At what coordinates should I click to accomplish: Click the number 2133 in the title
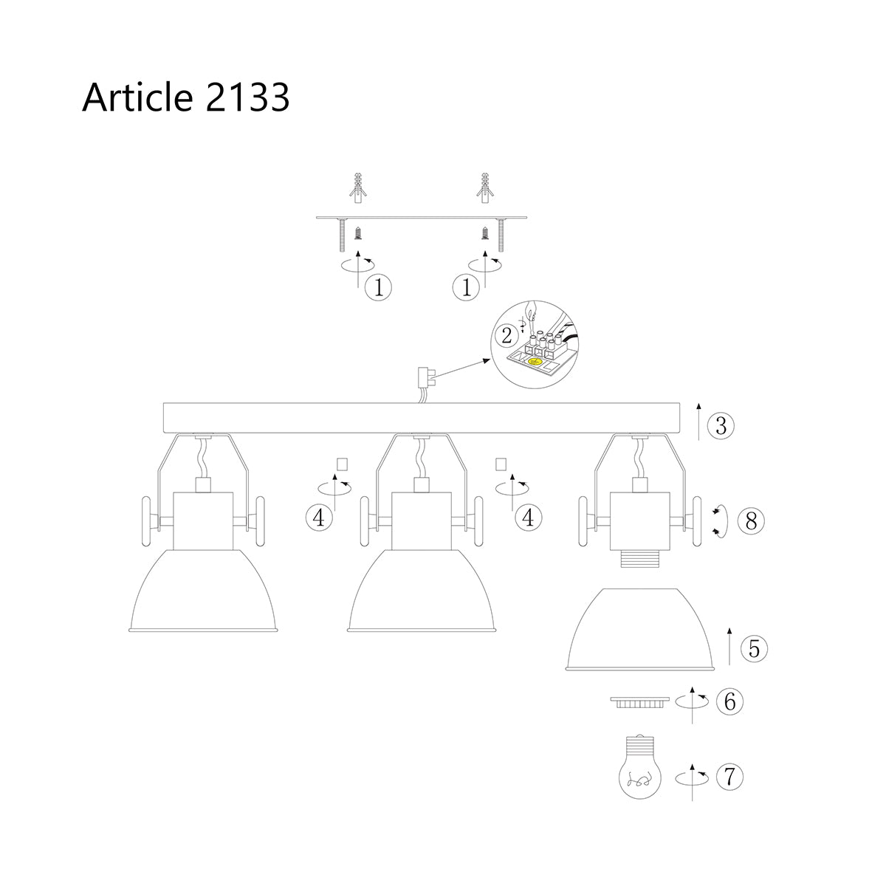[x=247, y=97]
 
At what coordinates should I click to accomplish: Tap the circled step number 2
[x=506, y=336]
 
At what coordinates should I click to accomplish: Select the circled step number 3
[x=721, y=425]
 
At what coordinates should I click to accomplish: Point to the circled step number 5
[x=754, y=649]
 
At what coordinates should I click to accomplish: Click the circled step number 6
[x=729, y=701]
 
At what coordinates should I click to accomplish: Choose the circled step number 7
[x=729, y=776]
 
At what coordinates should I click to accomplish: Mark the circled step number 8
[x=751, y=521]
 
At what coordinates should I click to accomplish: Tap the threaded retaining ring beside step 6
[x=639, y=701]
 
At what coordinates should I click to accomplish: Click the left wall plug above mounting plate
[x=357, y=188]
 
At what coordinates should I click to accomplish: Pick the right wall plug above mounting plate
[x=485, y=188]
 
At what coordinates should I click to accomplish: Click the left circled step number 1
[x=379, y=287]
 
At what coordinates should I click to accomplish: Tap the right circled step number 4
[x=527, y=518]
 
